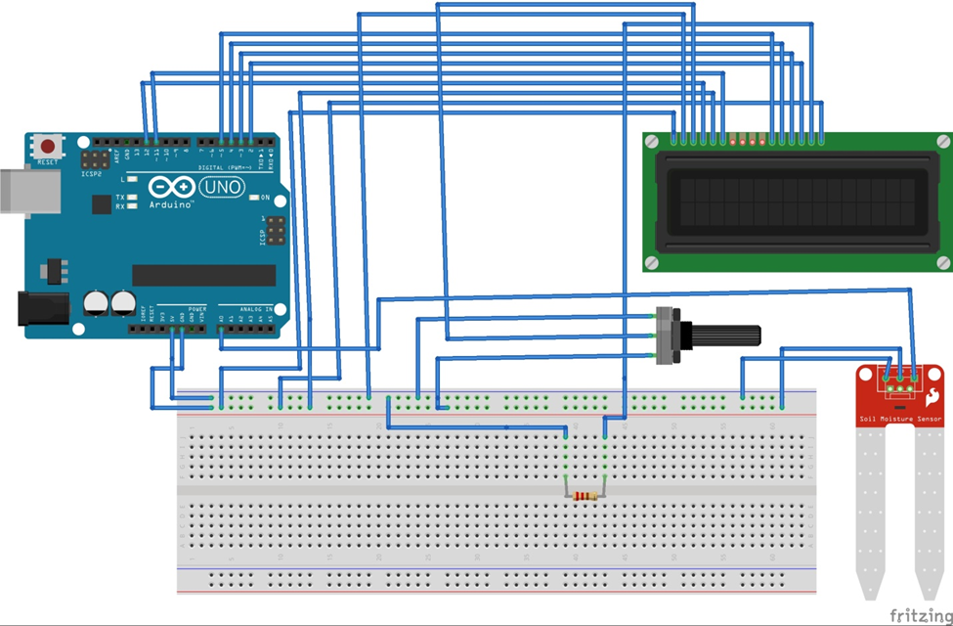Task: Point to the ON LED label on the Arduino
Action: coord(264,198)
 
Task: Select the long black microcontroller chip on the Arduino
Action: coord(203,275)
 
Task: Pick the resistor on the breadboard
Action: coord(585,496)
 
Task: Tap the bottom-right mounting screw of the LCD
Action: coord(942,261)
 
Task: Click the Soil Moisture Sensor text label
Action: coord(899,419)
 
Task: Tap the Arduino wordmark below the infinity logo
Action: coord(171,205)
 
